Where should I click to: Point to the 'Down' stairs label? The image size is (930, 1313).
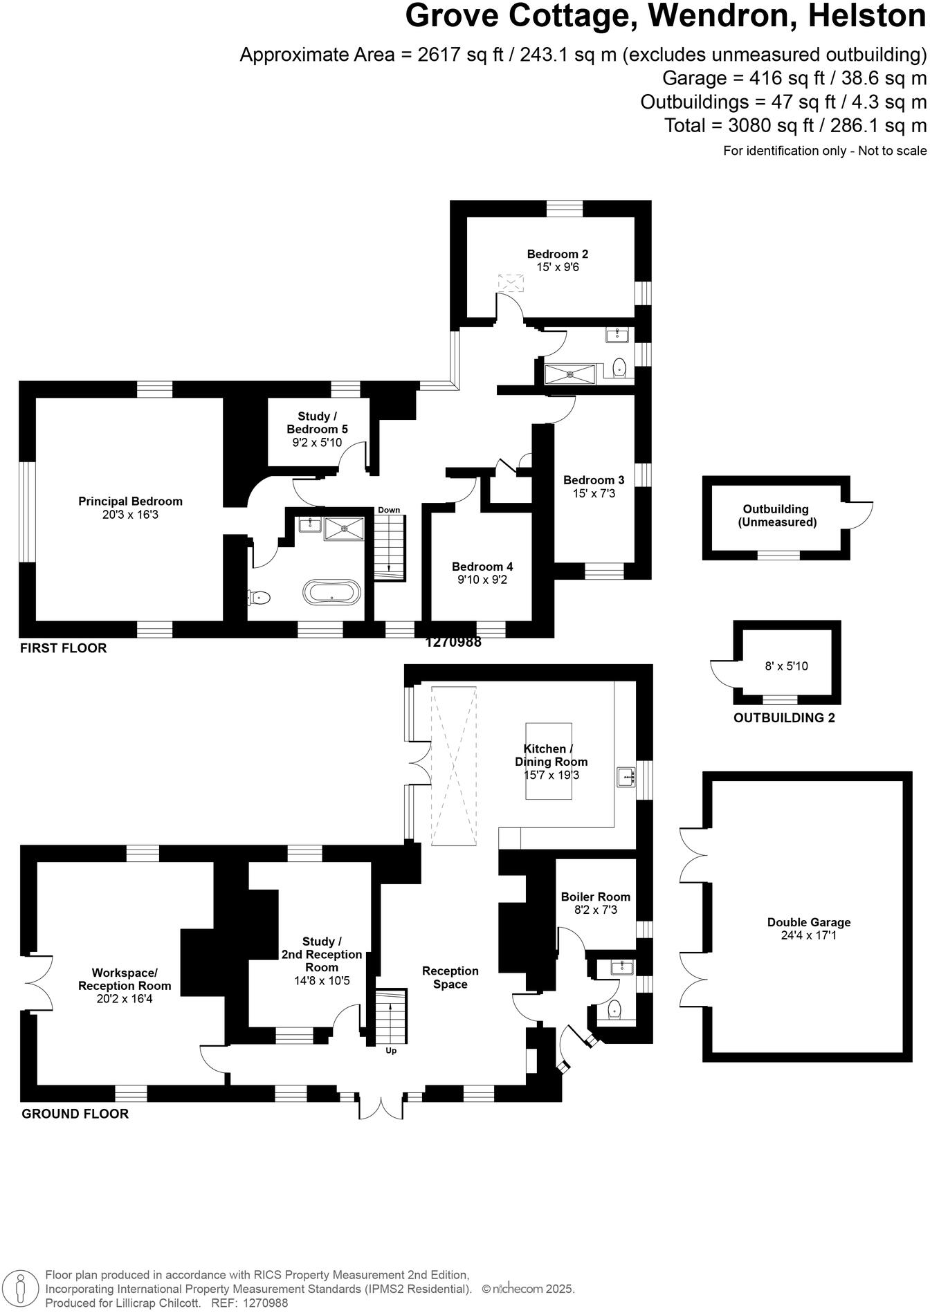(389, 510)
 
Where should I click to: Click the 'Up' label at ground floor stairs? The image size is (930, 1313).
(391, 1051)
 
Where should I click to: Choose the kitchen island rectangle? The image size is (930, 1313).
(549, 761)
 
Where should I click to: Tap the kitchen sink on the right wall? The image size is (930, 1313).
(626, 777)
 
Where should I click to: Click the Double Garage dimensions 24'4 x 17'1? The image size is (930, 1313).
(808, 935)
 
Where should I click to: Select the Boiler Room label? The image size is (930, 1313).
(595, 897)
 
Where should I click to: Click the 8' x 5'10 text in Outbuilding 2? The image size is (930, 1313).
(786, 666)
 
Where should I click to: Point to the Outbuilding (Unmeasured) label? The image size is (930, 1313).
(776, 515)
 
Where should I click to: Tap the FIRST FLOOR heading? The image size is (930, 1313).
(64, 648)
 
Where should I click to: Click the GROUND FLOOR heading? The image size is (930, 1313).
(75, 1114)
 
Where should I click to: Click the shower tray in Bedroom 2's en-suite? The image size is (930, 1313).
(569, 374)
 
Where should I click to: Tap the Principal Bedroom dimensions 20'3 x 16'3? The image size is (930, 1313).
(130, 515)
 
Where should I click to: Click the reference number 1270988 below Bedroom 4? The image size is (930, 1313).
(453, 642)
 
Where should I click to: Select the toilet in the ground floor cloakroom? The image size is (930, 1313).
(614, 1011)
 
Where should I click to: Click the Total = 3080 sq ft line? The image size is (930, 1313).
(794, 126)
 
